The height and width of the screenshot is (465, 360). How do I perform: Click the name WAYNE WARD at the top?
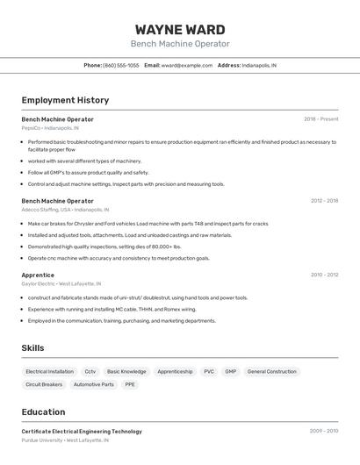180,30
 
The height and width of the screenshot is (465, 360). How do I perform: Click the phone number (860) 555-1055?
121,65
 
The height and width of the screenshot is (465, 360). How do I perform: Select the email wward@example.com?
187,65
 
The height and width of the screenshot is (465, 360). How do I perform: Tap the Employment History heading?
65,100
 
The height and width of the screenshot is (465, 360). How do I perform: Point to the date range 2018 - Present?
321,119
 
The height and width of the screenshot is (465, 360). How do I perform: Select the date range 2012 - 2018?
324,201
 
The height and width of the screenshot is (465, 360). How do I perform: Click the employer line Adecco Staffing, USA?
65,210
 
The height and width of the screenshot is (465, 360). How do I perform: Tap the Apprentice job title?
38,275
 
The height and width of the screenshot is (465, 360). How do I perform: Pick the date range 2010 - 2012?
324,275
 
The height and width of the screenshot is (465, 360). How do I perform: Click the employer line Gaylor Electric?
61,283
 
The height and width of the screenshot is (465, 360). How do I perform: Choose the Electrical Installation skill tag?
49,371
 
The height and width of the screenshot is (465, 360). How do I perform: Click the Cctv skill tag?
90,371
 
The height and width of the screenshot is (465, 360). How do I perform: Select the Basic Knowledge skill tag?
126,371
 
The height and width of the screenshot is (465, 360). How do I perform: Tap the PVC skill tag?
209,371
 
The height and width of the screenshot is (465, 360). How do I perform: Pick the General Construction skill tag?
272,371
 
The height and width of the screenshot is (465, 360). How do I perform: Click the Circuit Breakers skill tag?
44,384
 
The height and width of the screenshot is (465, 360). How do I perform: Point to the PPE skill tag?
130,384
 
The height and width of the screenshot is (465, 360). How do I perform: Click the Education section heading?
43,411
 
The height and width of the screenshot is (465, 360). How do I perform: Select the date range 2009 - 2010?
324,431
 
